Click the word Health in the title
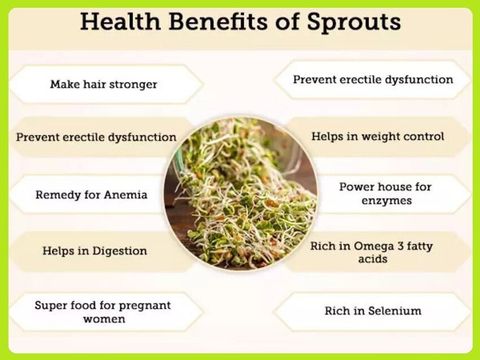click(120, 22)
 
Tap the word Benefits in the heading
click(218, 22)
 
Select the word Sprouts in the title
click(354, 23)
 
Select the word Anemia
click(126, 195)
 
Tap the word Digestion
click(120, 251)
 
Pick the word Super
click(49, 306)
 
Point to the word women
click(104, 319)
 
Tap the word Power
click(357, 187)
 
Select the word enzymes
click(387, 201)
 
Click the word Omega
click(374, 247)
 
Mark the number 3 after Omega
click(401, 246)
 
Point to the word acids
click(373, 259)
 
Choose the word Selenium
click(394, 311)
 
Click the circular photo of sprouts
click(240, 194)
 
